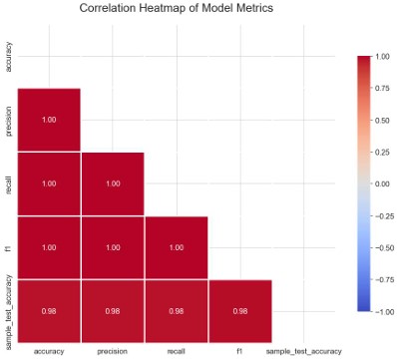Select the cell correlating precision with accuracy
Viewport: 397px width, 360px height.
[x=49, y=120]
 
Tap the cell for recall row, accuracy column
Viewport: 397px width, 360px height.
[x=49, y=183]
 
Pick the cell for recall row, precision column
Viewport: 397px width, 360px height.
[x=113, y=183]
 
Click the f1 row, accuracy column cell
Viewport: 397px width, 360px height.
[x=49, y=247]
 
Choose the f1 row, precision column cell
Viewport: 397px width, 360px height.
[x=113, y=247]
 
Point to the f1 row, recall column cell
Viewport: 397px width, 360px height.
[x=177, y=247]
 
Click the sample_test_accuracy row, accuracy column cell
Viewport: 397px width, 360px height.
[x=49, y=311]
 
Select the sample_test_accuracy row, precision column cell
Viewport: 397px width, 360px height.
[x=113, y=311]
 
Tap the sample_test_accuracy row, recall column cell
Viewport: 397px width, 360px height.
[x=177, y=311]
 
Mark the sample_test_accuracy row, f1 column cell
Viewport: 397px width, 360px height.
[x=240, y=311]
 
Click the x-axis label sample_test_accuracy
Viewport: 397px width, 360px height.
[x=304, y=352]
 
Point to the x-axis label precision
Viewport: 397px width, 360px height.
[x=113, y=352]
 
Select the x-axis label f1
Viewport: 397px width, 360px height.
[x=240, y=352]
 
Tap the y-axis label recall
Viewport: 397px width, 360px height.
[x=9, y=183]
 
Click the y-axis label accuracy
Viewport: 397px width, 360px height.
[x=9, y=58]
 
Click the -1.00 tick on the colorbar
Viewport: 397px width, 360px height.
[x=384, y=311]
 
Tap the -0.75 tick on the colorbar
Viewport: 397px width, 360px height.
[x=384, y=279]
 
